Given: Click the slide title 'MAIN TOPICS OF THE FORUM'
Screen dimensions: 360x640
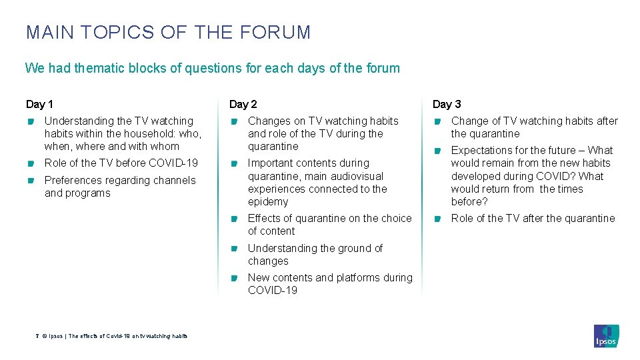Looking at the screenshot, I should tap(168, 32).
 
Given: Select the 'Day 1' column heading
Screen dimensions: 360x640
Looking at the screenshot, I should tap(39, 104).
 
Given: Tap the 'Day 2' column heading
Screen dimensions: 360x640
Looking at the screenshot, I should tap(243, 104).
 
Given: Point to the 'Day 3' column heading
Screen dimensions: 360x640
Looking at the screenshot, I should tap(447, 104).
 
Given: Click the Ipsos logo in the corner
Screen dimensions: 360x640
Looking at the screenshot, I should tap(606, 335).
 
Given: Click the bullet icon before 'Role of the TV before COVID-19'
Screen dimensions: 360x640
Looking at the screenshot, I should tap(30, 163).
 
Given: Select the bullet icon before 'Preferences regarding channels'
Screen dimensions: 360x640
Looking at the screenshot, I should tap(30, 181).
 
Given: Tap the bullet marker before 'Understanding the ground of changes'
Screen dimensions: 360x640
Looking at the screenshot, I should tap(234, 249).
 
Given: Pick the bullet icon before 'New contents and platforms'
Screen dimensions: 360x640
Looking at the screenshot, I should tap(234, 278).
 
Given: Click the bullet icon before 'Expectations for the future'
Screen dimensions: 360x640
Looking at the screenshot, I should tap(437, 151).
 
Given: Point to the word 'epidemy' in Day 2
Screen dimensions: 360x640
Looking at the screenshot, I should tap(268, 202).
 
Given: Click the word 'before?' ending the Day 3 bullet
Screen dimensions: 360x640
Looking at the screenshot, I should tap(469, 202).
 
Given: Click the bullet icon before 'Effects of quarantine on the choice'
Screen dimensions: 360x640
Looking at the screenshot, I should tap(234, 219).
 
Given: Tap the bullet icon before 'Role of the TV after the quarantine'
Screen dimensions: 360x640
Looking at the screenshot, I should tap(437, 219).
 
